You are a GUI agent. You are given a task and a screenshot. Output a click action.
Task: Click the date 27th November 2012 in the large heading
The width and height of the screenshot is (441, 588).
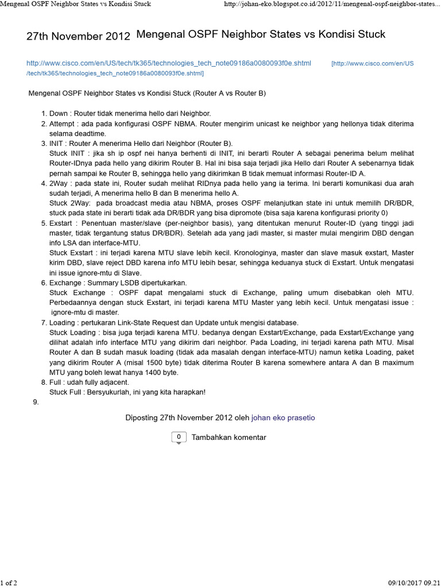click(x=78, y=36)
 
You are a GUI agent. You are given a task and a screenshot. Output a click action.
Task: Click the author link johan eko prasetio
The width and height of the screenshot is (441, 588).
click(x=283, y=417)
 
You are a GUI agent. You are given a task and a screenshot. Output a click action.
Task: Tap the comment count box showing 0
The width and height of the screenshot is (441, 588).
click(x=179, y=437)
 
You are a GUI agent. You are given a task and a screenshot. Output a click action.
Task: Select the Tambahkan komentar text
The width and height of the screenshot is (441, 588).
click(x=229, y=437)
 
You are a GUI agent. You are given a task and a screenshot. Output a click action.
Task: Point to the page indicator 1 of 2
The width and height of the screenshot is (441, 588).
click(x=9, y=583)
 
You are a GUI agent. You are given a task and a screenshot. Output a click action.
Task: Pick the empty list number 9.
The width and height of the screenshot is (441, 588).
click(x=36, y=402)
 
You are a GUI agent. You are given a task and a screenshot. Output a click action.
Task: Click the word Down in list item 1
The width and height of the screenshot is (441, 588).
click(x=58, y=114)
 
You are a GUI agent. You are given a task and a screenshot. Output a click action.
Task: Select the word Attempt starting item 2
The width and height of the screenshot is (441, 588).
click(x=61, y=123)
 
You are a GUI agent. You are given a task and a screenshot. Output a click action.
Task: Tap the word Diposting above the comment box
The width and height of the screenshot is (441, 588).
click(x=141, y=417)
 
